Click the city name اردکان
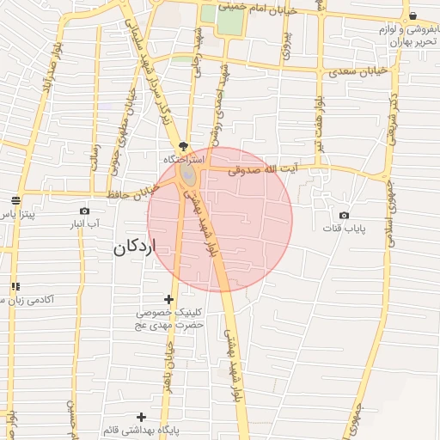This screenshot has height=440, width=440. (x=136, y=247)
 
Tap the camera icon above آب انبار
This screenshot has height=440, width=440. (x=84, y=211)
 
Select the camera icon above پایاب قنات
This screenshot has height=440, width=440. (x=345, y=215)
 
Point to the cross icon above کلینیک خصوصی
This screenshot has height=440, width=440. (x=168, y=300)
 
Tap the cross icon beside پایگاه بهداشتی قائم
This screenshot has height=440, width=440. (x=142, y=417)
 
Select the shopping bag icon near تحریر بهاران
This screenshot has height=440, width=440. (x=412, y=16)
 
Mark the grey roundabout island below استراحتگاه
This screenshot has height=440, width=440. (x=187, y=177)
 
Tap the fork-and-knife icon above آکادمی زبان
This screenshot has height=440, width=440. (x=15, y=286)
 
